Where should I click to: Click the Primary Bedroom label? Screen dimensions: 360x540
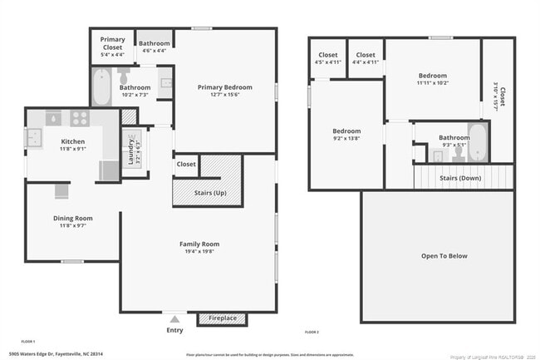click(224, 87)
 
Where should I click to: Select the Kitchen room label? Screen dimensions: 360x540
click(72, 141)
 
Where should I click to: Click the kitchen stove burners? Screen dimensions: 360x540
click(81, 117)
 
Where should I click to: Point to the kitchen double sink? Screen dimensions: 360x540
click(34, 138)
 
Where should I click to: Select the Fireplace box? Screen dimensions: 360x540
click(222, 318)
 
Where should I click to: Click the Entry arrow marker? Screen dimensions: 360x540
click(174, 318)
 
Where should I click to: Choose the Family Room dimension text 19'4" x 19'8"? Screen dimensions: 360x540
click(199, 253)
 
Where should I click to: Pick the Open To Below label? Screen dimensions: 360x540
click(444, 256)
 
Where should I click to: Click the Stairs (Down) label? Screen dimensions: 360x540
click(459, 178)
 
